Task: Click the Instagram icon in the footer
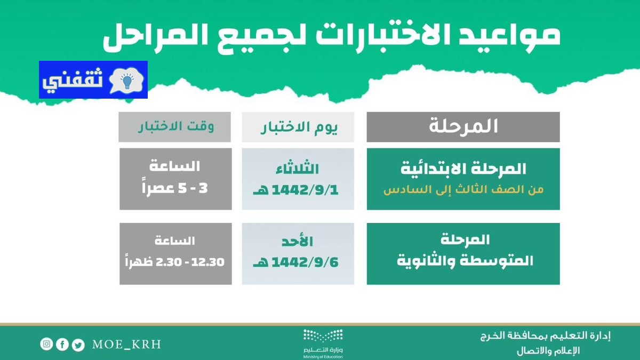(x=46, y=343)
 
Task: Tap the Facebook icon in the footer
(x=62, y=345)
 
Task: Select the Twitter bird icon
(x=78, y=345)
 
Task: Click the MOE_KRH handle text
(x=126, y=345)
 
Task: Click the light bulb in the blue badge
(x=127, y=81)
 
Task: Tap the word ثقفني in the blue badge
(x=73, y=81)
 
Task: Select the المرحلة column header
(x=463, y=127)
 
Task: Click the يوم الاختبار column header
(x=298, y=127)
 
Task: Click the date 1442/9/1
(x=305, y=190)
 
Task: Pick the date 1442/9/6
(x=305, y=262)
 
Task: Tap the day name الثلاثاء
(x=297, y=169)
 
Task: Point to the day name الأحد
(x=297, y=241)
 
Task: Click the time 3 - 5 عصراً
(x=175, y=188)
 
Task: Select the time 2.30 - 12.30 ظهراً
(x=175, y=262)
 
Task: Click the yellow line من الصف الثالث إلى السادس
(x=463, y=189)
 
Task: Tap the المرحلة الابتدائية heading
(x=463, y=169)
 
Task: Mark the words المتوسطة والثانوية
(x=465, y=261)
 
